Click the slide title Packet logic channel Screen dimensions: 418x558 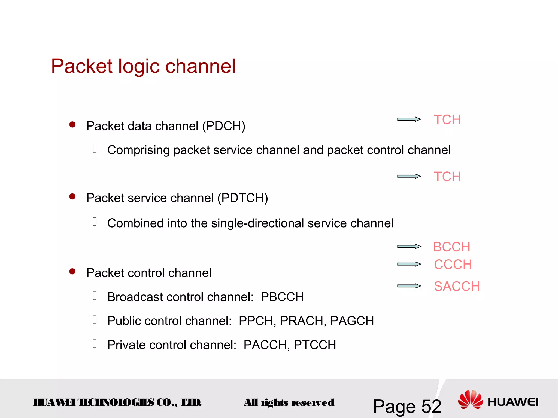pos(143,66)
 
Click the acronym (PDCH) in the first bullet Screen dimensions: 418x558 pos(224,126)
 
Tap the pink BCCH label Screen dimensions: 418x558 pos(451,247)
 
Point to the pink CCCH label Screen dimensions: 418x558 pos(453,264)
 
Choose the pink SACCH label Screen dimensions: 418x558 pos(457,286)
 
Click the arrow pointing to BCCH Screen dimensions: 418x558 pos(409,247)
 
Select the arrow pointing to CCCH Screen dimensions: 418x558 pos(409,264)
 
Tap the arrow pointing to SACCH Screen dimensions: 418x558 pos(409,286)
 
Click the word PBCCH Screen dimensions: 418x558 pos(282,297)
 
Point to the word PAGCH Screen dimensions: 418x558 pos(352,321)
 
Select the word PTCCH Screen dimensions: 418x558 pos(315,345)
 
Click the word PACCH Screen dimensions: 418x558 pos(266,345)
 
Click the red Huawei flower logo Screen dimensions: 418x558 pos(470,399)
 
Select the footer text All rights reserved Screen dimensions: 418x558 pos(289,402)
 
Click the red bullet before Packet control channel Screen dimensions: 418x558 pos(72,272)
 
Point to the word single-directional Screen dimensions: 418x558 pos(257,223)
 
